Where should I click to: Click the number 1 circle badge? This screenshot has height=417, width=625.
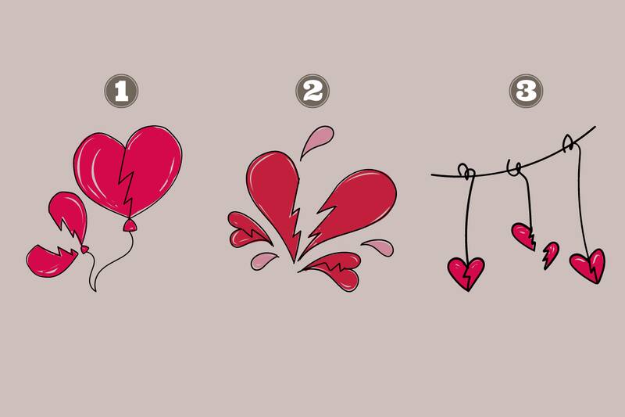coord(121,92)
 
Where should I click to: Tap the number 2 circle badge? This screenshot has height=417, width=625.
coord(312,92)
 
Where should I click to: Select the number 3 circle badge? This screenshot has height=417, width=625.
coord(526,92)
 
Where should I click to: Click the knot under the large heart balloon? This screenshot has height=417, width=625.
coord(130,225)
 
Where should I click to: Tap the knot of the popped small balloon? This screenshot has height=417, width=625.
coord(84,250)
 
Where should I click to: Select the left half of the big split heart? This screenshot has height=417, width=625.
coord(273,196)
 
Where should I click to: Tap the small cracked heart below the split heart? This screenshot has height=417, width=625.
coord(332,270)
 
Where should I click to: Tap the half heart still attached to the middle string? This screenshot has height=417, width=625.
coord(523,235)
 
